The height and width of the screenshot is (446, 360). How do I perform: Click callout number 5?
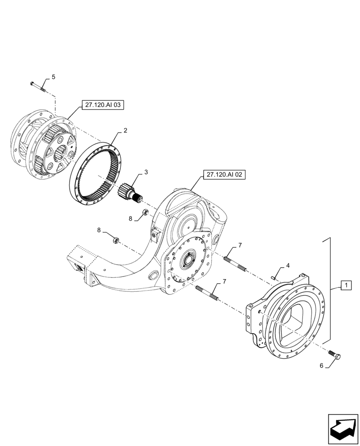(53, 77)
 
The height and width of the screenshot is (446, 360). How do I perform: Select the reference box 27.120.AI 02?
(224, 175)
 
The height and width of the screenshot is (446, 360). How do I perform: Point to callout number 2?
(125, 131)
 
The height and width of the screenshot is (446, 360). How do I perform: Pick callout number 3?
(146, 172)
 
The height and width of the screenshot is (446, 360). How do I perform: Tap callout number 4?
(287, 265)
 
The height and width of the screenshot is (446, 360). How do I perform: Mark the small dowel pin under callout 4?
(273, 277)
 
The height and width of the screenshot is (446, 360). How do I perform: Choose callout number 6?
(321, 366)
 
